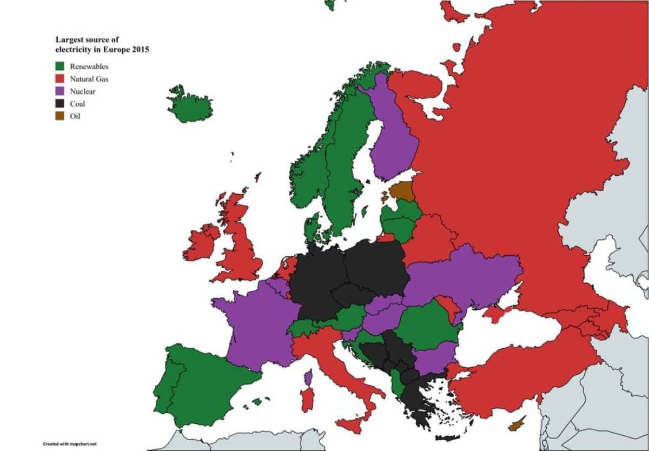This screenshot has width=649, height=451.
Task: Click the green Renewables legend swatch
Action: (59, 66)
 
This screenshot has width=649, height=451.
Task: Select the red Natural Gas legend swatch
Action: (59, 79)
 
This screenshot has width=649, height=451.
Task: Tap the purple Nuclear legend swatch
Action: (59, 91)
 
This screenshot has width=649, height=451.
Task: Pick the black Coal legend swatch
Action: (59, 104)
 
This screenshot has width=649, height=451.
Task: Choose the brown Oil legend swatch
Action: (59, 116)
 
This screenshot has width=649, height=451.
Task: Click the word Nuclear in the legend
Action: (83, 91)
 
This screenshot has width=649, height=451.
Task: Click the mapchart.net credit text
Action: (65, 443)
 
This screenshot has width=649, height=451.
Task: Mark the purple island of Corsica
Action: (308, 377)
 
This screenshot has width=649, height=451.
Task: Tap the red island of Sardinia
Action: (307, 400)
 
